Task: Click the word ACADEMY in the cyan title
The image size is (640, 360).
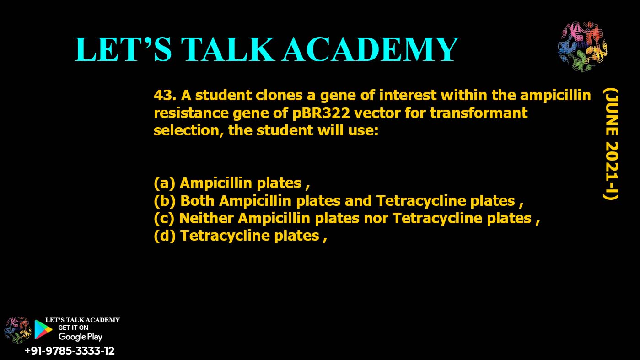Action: [x=370, y=49]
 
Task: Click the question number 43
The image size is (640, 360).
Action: [x=165, y=96]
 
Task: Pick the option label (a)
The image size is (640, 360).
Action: [x=164, y=183]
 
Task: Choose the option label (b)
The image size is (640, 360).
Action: [x=165, y=201]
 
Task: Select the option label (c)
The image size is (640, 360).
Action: [x=164, y=218]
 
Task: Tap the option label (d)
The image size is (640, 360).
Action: [x=165, y=236]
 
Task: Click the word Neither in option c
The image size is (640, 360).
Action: [x=206, y=218]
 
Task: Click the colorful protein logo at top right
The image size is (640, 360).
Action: [x=582, y=46]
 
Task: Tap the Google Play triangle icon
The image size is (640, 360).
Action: [x=43, y=329]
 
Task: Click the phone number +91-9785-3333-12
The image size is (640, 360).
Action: [x=70, y=351]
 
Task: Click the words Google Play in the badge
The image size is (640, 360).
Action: [x=80, y=337]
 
